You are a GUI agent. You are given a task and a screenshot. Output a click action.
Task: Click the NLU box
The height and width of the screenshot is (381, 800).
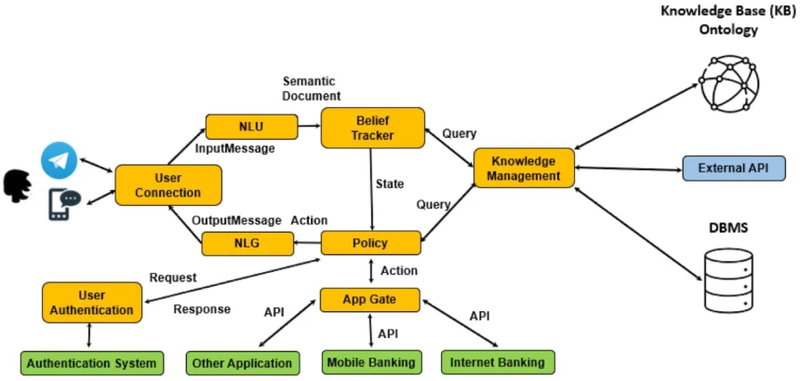point(251,127)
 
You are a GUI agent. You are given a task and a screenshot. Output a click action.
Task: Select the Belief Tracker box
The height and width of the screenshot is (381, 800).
point(372,127)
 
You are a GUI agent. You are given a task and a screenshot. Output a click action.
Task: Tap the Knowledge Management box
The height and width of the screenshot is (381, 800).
point(524,168)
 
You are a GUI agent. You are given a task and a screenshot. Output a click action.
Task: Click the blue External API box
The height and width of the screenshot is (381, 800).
point(732,169)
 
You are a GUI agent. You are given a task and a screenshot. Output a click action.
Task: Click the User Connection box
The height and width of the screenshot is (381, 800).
point(168,184)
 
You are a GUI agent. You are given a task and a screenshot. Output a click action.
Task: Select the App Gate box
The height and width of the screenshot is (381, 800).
point(369,300)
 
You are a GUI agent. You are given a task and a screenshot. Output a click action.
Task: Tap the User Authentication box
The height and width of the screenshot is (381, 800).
point(92,302)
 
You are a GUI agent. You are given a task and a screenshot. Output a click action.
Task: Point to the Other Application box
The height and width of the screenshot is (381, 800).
point(241,362)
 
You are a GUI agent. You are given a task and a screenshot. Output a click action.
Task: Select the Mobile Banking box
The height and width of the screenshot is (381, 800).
point(371,362)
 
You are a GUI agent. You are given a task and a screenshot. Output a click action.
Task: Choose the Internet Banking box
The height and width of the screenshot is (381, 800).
point(497,362)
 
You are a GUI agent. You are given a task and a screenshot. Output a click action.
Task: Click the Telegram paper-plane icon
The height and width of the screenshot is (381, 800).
point(59,161)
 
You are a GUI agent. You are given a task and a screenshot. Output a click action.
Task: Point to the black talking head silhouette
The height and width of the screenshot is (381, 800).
point(17,182)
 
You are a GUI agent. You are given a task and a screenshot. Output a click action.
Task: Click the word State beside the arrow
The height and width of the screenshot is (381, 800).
point(389,184)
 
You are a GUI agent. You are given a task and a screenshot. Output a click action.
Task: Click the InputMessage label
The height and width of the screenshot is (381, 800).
point(236,148)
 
